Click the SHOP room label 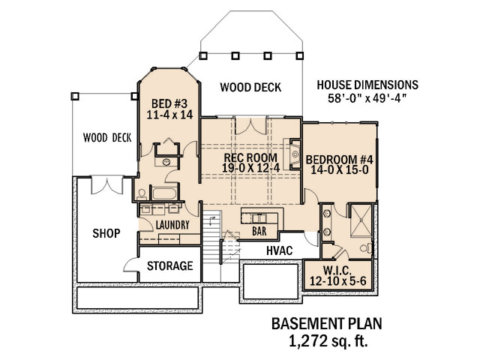pyautogui.click(x=106, y=233)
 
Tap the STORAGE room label pyautogui.click(x=170, y=265)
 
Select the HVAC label pyautogui.click(x=280, y=250)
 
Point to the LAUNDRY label pyautogui.click(x=172, y=225)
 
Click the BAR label pyautogui.click(x=259, y=231)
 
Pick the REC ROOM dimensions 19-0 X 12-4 pyautogui.click(x=250, y=168)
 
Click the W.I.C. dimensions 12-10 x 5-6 pyautogui.click(x=338, y=280)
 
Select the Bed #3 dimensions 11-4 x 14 pyautogui.click(x=169, y=115)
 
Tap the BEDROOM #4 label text pyautogui.click(x=340, y=160)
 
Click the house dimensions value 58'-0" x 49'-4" pyautogui.click(x=367, y=98)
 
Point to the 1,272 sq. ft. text pyautogui.click(x=328, y=341)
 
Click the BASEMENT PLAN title pyautogui.click(x=327, y=324)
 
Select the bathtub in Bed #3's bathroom pyautogui.click(x=164, y=193)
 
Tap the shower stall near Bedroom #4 pyautogui.click(x=361, y=220)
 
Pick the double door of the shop pyautogui.click(x=107, y=185)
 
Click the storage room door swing pyautogui.click(x=130, y=265)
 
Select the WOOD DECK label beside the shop pyautogui.click(x=107, y=138)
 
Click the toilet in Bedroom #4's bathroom pyautogui.click(x=366, y=248)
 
